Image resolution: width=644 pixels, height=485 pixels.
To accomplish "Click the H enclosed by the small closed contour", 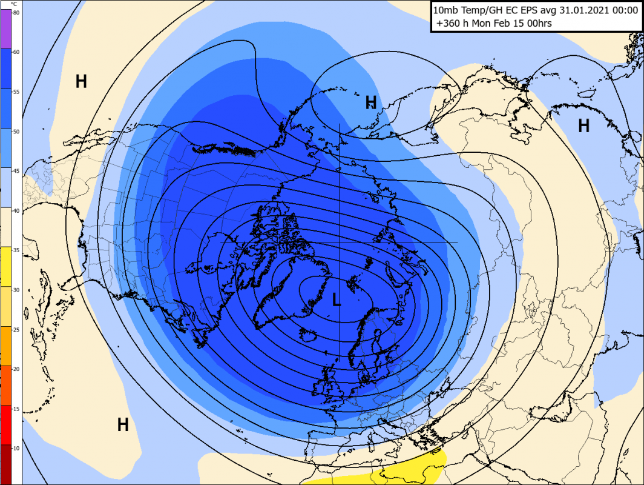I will click(371, 102).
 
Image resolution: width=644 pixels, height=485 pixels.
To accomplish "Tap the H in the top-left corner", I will click(81, 81).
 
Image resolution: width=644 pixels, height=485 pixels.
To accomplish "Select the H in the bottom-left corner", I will click(123, 425).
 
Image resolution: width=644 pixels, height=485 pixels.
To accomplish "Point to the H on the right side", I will click(583, 125).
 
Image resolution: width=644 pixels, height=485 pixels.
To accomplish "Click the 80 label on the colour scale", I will click(16, 13).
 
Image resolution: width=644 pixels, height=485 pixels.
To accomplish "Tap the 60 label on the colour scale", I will click(16, 52).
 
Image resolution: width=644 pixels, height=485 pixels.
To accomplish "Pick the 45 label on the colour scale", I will click(16, 171).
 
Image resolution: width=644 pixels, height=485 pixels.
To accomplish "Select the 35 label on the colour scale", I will click(16, 250).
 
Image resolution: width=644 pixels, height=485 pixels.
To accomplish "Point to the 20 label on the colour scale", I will click(16, 369).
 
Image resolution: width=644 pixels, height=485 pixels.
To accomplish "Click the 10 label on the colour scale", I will click(16, 447).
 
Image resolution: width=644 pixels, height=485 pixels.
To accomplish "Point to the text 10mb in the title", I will click(447, 10).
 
